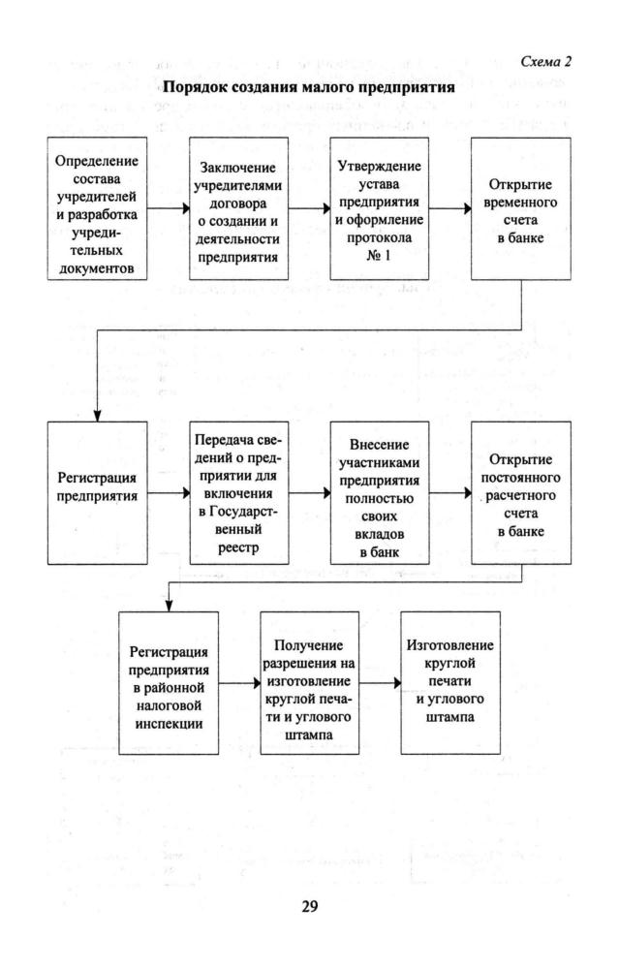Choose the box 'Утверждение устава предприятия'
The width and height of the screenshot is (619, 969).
click(x=377, y=207)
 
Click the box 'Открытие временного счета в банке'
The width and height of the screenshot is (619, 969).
click(x=518, y=207)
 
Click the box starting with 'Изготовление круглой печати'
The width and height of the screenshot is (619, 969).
click(x=448, y=684)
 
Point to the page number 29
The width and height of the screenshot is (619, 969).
click(x=309, y=907)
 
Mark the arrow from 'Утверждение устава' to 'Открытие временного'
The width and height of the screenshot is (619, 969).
click(x=448, y=207)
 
